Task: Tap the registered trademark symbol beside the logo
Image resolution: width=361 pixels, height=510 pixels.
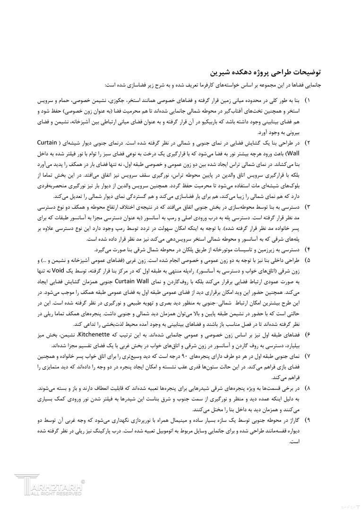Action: click(83, 481)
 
